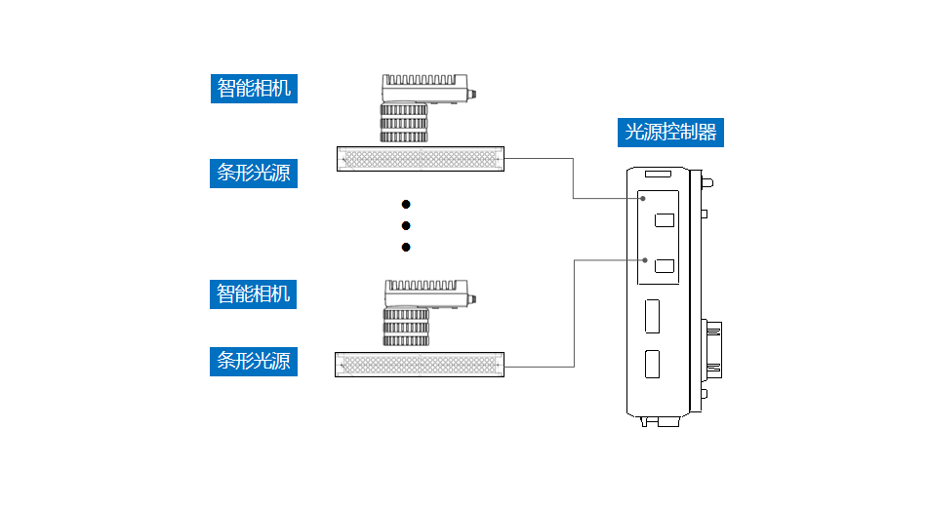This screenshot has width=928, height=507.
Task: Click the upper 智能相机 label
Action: coord(254,89)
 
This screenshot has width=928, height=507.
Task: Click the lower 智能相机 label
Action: coord(254,293)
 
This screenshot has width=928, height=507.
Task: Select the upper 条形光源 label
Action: coord(254,174)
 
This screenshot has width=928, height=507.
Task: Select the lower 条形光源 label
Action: coord(254,361)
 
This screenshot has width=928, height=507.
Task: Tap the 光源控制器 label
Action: coord(670,132)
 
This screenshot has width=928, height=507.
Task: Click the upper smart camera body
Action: coord(422,88)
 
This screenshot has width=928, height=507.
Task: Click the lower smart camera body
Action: coord(425,293)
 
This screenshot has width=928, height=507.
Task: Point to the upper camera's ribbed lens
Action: coord(404,124)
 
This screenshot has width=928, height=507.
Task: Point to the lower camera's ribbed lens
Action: coord(406,329)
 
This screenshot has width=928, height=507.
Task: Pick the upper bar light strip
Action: coord(421,158)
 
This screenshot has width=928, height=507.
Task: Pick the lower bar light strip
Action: coord(421,365)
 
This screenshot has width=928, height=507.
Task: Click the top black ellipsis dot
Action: coord(406,204)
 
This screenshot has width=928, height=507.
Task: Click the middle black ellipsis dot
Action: coord(406,225)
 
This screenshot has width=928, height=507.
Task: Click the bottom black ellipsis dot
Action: coord(406,247)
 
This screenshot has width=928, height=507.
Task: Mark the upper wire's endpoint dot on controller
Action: coord(643,199)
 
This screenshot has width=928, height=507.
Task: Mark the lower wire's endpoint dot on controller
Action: coord(646,260)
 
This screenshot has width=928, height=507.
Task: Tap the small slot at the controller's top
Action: coord(660,175)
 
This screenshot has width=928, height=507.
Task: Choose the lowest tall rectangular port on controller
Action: coord(652,364)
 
